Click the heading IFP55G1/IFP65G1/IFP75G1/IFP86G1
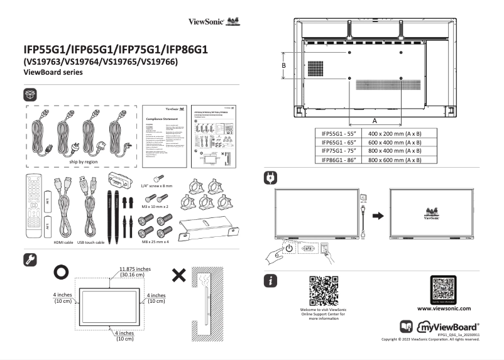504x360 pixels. point(116,49)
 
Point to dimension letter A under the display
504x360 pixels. point(375,119)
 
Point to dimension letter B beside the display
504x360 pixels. point(284,65)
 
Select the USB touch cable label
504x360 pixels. point(90,242)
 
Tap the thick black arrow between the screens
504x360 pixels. point(376,215)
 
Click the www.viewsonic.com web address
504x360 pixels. point(444,308)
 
